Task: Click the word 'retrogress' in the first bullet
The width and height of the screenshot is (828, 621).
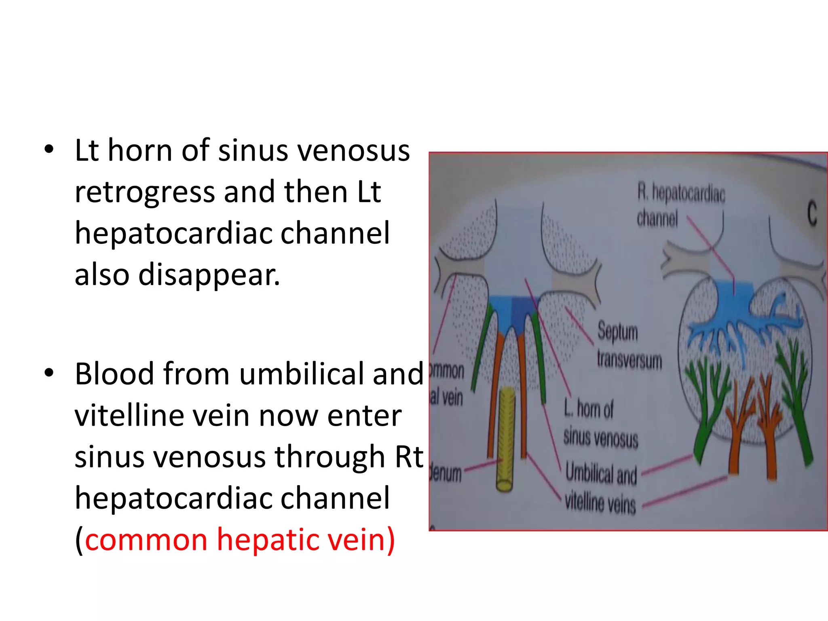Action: [145, 192]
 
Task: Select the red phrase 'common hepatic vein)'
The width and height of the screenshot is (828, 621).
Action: [240, 540]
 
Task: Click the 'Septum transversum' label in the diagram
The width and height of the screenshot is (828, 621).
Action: [629, 346]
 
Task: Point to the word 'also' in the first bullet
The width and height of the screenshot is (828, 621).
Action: [102, 275]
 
